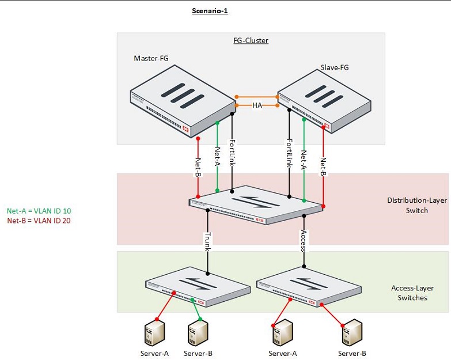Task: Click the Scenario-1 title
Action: point(210,10)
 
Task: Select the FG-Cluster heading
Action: point(251,40)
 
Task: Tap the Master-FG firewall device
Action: point(183,97)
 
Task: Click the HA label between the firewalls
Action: point(257,105)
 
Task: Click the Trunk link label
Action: point(208,240)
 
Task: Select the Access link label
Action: point(305,240)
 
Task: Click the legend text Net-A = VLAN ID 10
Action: point(39,211)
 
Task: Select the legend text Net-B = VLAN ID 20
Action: point(39,221)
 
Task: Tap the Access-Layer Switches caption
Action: point(409,293)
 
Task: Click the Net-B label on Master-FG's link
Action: point(198,166)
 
